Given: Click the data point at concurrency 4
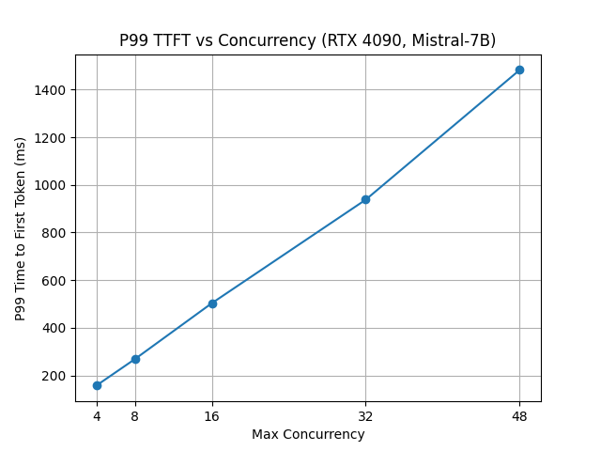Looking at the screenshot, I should [97, 385].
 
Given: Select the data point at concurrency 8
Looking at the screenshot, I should [135, 359].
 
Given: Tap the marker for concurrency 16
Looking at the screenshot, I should [212, 303].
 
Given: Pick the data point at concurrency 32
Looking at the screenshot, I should [365, 199].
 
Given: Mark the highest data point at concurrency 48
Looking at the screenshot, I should [519, 70].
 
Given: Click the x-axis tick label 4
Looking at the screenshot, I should [97, 415].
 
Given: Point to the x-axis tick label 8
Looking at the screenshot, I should [135, 415].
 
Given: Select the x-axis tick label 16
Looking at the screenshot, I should [212, 415].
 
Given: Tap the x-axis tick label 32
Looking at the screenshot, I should [365, 415].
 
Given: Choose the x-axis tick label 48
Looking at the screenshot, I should [519, 415].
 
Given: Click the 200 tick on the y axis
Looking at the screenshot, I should [55, 376].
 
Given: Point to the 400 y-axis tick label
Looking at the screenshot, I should [55, 328].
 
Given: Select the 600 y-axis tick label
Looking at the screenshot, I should [55, 280].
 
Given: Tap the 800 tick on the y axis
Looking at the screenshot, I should [55, 233].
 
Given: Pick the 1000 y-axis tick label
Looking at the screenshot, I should [52, 185].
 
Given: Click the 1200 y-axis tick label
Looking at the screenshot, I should [52, 137].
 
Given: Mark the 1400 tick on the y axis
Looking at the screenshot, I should [52, 90].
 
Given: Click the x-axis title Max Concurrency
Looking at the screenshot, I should [308, 434].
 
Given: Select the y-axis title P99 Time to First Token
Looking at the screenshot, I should [21, 228].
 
